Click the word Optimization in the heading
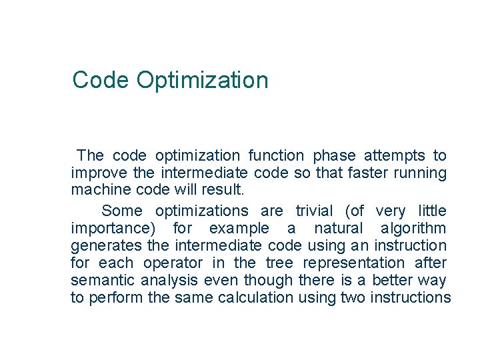[202, 81]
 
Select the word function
[276, 156]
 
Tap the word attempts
[395, 156]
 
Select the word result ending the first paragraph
[227, 190]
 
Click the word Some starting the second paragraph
[122, 211]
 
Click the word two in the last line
[352, 298]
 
